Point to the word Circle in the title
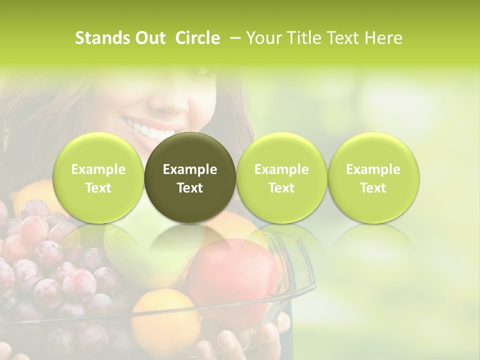pos(197,38)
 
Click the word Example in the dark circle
pos(190,169)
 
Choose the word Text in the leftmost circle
pos(98,188)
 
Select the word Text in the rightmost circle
pos(373,188)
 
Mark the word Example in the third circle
pos(281,169)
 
